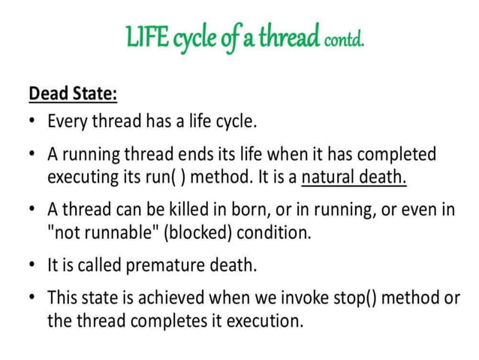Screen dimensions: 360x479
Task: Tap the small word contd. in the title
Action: point(344,40)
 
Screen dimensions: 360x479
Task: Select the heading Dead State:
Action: point(74,94)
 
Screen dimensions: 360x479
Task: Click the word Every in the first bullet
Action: point(68,120)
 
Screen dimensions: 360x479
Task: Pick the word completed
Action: point(396,154)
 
